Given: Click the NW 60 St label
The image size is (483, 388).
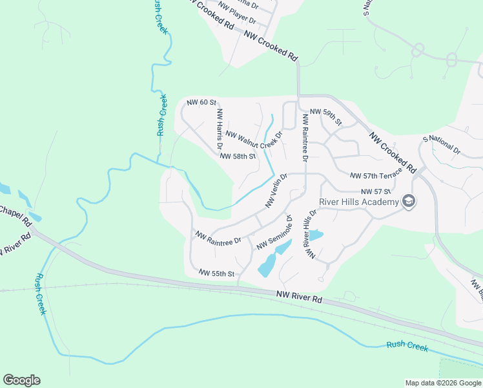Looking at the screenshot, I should click(201, 103).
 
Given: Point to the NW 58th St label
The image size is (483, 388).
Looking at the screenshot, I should click(238, 156).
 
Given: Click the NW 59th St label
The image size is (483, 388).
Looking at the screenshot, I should click(325, 116).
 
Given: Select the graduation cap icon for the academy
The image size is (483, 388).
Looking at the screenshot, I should click(408, 202).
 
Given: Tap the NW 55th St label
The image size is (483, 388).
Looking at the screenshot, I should click(216, 274).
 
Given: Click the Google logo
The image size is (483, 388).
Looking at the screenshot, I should click(21, 380).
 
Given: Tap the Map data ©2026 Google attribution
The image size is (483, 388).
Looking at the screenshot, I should click(442, 383).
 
